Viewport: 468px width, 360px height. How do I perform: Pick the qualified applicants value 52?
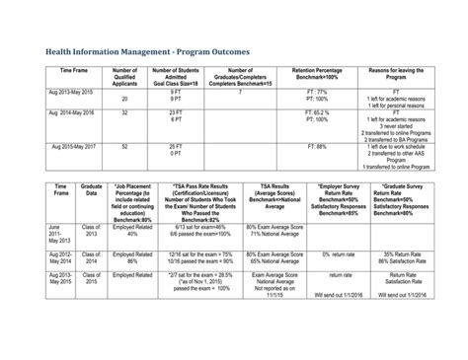pyautogui.click(x=124, y=146)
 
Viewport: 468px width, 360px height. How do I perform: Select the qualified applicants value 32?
pyautogui.click(x=124, y=112)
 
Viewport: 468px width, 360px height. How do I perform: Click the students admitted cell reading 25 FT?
pyautogui.click(x=176, y=146)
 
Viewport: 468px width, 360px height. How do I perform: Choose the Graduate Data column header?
pyautogui.click(x=92, y=191)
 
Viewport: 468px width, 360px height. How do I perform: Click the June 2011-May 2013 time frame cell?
pyautogui.click(x=60, y=237)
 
